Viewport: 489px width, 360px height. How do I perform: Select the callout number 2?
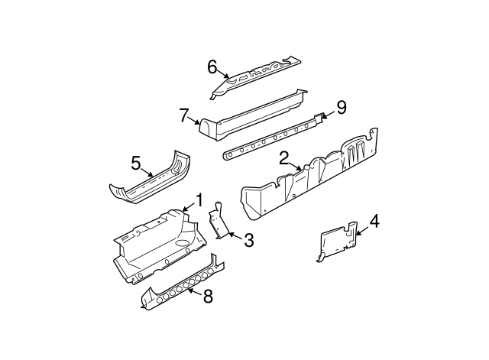[283, 158]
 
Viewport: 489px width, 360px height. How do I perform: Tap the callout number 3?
[248, 241]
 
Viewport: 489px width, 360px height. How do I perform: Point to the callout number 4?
[374, 223]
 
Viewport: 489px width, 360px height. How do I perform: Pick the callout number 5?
[136, 162]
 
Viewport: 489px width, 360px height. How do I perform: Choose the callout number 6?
[212, 66]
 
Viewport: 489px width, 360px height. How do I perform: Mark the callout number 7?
[184, 115]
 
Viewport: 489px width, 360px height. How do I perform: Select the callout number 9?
[341, 108]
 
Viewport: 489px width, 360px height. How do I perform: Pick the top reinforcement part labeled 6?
[256, 76]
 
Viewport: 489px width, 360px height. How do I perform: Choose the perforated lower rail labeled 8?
[183, 283]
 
